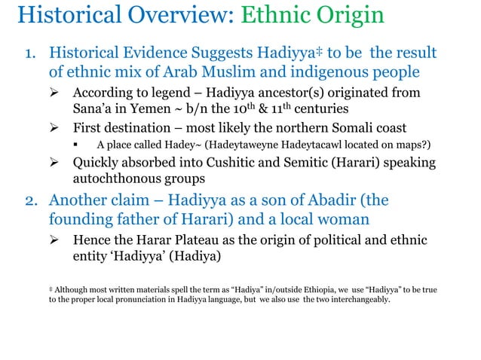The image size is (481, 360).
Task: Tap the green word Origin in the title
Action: click(x=345, y=16)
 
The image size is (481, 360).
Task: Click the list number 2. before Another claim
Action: click(x=32, y=201)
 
